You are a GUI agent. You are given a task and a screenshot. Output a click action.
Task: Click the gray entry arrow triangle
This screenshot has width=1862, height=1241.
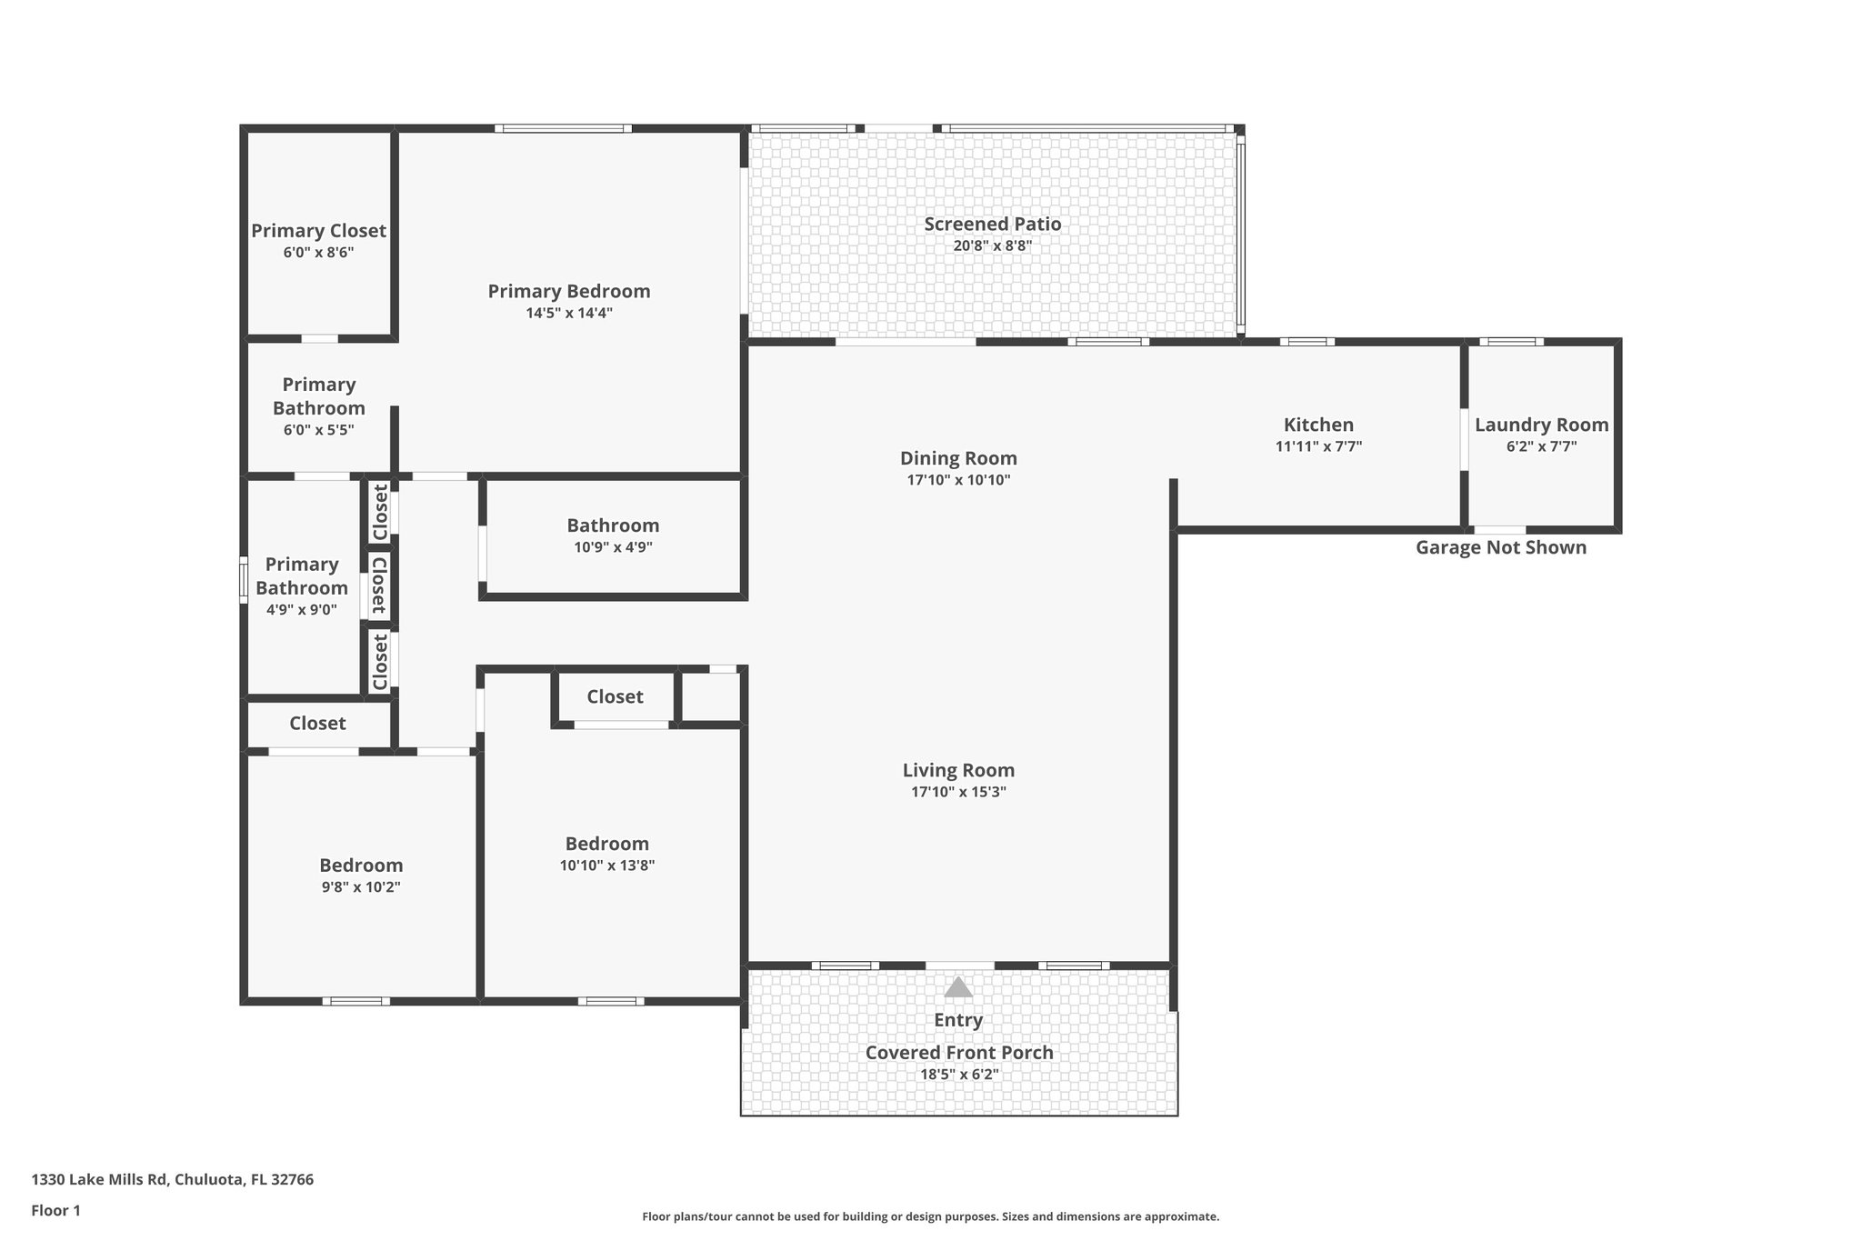point(958,987)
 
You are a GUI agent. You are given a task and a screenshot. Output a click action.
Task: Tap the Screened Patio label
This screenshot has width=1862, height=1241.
point(992,224)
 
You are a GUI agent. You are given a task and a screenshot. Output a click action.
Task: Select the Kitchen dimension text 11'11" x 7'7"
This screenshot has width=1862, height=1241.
point(1318,446)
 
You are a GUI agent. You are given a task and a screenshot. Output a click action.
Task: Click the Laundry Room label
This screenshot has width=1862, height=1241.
point(1541,425)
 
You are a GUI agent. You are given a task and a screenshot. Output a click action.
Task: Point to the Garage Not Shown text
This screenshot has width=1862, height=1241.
point(1500,547)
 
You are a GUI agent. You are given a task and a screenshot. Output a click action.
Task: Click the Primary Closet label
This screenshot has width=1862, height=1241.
point(318,231)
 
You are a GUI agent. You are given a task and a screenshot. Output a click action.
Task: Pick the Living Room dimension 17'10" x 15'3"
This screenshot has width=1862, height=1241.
point(958,792)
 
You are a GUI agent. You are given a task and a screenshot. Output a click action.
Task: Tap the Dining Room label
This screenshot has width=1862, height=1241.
point(958,458)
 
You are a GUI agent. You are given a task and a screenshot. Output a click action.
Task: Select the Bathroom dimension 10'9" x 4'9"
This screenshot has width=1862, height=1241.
point(613,547)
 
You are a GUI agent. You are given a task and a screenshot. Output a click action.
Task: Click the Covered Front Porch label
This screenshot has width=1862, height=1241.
point(958,1053)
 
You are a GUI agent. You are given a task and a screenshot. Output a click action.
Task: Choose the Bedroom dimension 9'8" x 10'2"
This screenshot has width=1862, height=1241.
point(361,887)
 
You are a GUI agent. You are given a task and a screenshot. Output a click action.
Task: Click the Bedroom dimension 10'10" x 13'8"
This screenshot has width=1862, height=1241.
point(607,866)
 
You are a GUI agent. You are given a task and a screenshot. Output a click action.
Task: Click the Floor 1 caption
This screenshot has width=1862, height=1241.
point(55,1210)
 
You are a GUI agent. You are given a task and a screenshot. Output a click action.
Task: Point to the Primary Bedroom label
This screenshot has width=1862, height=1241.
point(569,291)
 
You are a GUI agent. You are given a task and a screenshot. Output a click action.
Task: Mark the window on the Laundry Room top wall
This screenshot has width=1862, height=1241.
point(1511,342)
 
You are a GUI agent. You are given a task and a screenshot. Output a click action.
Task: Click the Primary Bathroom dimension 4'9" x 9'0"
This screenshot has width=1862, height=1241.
point(301,610)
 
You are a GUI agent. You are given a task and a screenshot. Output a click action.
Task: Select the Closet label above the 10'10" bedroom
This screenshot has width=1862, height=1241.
point(615,696)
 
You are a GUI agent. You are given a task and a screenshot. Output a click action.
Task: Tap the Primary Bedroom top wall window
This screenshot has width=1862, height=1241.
point(563,128)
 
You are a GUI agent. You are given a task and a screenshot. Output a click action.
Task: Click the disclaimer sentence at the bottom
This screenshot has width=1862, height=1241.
point(930,1216)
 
